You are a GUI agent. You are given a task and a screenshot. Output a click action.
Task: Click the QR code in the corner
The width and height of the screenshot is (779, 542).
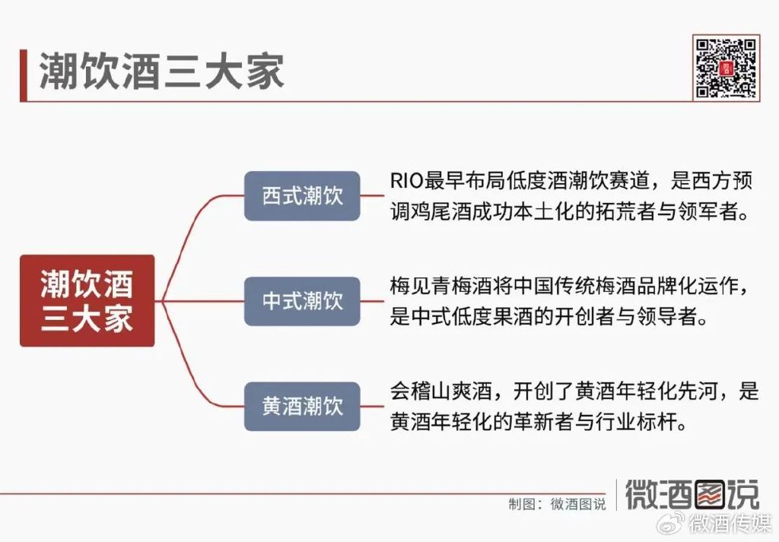(x=727, y=68)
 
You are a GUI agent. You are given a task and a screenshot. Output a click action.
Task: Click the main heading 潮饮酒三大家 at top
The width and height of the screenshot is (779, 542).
(x=161, y=72)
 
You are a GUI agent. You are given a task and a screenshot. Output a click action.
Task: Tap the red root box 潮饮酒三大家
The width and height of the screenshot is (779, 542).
(x=87, y=301)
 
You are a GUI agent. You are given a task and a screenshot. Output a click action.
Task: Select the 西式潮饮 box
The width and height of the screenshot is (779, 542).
(x=302, y=196)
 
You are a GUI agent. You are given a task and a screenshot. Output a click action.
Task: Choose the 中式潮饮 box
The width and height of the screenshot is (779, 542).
(x=302, y=301)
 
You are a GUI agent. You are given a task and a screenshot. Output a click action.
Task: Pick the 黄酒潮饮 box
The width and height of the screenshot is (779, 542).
(x=302, y=407)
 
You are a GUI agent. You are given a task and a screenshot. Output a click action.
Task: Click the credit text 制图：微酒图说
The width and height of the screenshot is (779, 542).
(x=557, y=504)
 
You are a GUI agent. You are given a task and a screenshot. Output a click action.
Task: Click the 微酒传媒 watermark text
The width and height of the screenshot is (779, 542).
(x=730, y=524)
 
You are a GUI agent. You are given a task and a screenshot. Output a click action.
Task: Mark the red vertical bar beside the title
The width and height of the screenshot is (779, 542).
(x=23, y=75)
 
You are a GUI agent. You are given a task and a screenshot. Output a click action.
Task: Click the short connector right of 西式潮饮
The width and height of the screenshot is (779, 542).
(x=372, y=196)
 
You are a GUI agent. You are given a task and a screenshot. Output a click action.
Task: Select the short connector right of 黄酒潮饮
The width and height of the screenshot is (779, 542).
(x=372, y=407)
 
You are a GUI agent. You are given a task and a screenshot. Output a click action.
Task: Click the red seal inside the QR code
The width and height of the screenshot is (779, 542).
(x=727, y=68)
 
